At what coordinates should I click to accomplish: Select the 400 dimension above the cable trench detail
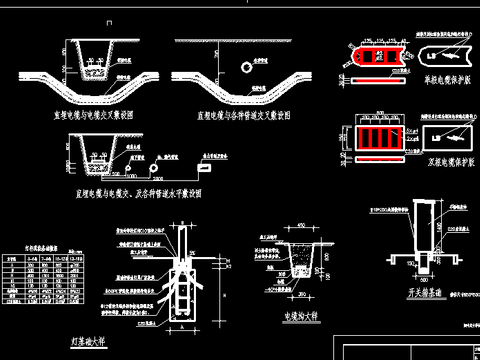tap(302, 226)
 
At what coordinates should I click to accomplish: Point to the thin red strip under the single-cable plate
tap(375, 76)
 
